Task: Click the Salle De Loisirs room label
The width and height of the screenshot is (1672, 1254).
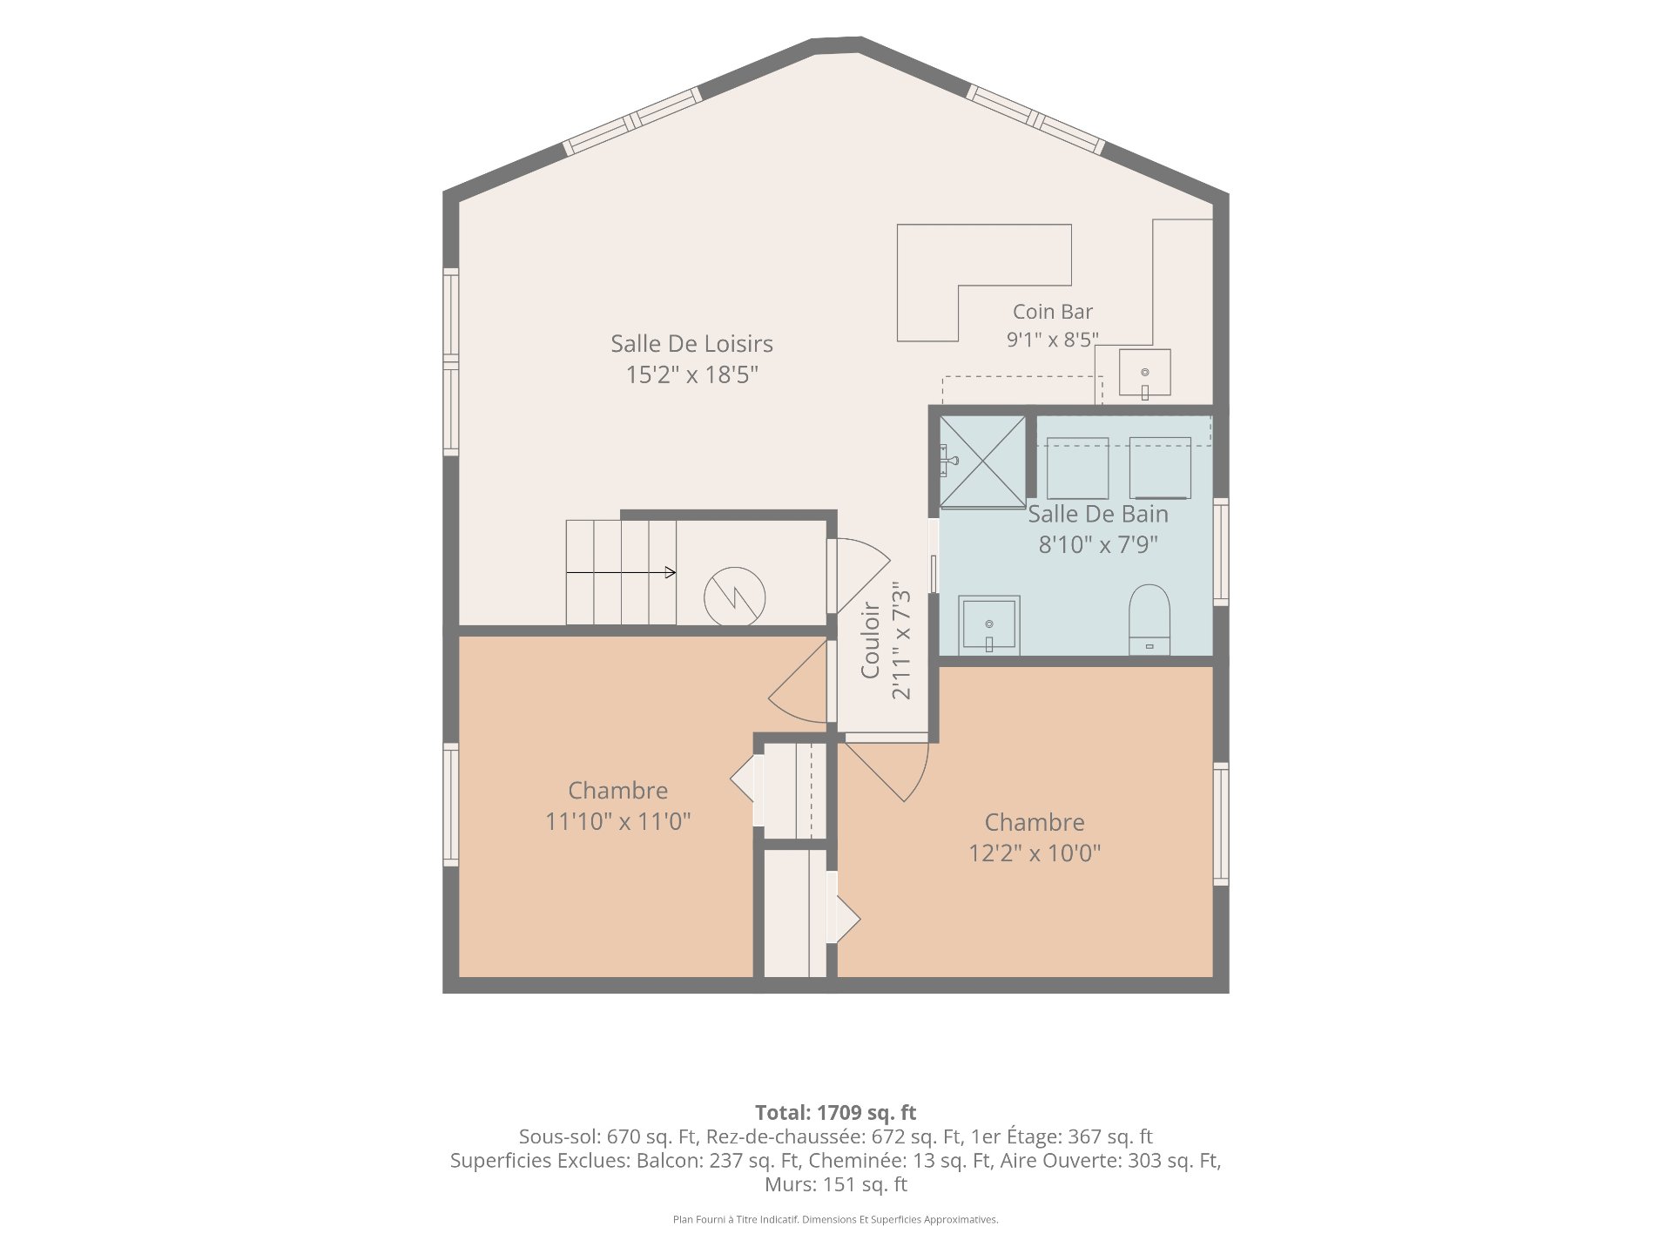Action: tap(691, 344)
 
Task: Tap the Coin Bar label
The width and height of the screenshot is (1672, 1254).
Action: tap(1052, 312)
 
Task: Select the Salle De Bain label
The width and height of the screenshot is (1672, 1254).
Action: tap(1098, 514)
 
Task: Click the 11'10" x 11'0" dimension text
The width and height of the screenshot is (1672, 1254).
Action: tap(618, 821)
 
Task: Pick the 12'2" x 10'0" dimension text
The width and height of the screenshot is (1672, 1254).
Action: tap(1035, 853)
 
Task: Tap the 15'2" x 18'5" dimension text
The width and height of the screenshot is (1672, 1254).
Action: tap(692, 375)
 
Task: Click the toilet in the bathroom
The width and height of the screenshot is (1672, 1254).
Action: tap(1149, 620)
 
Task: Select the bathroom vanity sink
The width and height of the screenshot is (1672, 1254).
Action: tap(989, 624)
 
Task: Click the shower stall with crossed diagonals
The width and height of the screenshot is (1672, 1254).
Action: tap(982, 462)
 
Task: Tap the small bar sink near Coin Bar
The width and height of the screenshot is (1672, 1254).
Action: tap(1144, 374)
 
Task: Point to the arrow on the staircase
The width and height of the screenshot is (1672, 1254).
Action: tap(621, 572)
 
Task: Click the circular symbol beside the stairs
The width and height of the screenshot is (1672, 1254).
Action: tap(735, 597)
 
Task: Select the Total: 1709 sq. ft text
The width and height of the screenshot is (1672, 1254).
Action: tap(836, 1112)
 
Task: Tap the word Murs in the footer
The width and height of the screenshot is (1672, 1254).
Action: tap(787, 1184)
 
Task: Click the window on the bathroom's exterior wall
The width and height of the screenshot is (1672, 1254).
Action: tap(1221, 552)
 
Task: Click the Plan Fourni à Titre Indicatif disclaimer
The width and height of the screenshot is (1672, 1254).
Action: tap(836, 1219)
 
